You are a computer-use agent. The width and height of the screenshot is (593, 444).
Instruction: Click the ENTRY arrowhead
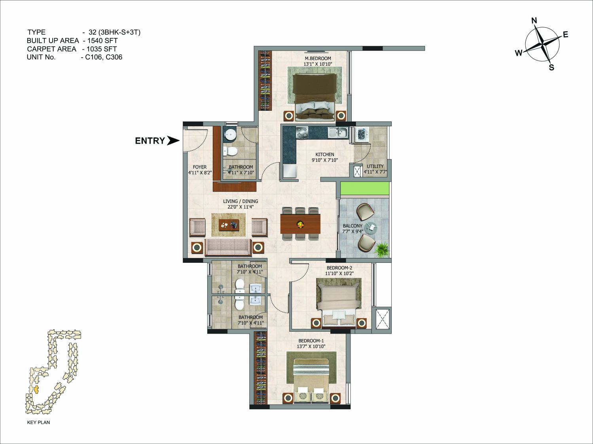pos(173,140)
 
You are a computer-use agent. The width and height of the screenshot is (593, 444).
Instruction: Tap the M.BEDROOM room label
pos(318,59)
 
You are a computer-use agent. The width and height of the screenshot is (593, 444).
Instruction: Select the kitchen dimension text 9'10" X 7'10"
pos(325,160)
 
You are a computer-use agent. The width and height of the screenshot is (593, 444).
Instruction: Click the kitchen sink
pos(339,133)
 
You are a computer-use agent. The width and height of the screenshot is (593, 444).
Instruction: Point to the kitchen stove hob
pos(302,133)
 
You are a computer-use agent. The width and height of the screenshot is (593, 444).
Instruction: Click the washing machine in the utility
pos(361,134)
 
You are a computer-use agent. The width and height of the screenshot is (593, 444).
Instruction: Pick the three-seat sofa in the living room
pos(228,247)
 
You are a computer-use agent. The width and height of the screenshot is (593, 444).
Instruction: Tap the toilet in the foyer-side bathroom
pos(230,151)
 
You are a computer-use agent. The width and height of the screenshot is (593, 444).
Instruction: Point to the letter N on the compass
pos(534,21)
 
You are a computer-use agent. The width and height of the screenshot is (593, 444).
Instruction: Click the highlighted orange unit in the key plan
pos(36,389)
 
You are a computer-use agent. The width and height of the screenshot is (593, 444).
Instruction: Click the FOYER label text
pos(200,167)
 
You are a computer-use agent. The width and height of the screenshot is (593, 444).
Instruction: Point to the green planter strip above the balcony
pos(365,188)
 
